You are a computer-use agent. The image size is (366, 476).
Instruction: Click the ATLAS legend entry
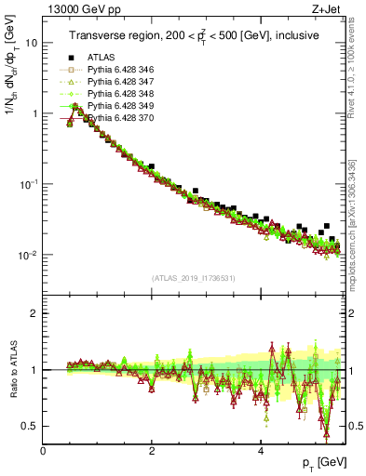(x=101, y=58)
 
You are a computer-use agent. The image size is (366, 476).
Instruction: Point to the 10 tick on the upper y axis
(x=32, y=43)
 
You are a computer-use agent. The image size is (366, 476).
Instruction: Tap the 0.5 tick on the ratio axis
(x=30, y=426)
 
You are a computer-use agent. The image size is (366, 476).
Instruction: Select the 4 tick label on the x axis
(x=261, y=450)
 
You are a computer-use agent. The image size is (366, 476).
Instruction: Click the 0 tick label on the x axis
(x=44, y=450)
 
